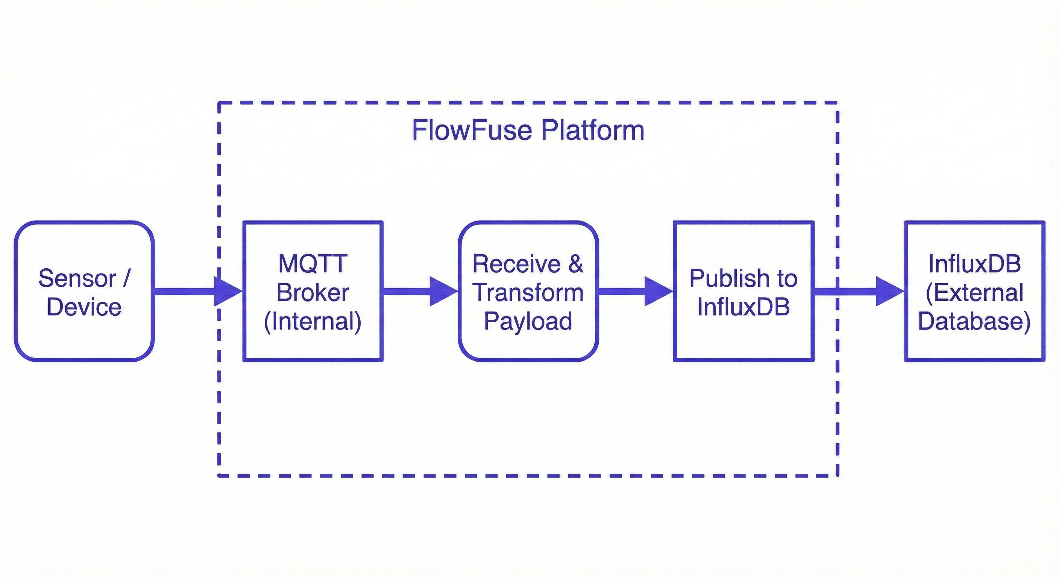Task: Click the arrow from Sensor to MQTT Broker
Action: click(x=197, y=291)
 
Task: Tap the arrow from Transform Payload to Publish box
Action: click(x=635, y=291)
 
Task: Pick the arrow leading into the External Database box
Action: click(x=859, y=291)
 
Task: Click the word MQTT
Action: click(x=313, y=263)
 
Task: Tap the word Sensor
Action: click(x=77, y=278)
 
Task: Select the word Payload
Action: click(x=528, y=321)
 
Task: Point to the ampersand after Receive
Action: click(x=575, y=264)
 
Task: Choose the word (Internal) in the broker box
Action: click(x=313, y=322)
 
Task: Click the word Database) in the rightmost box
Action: click(x=974, y=322)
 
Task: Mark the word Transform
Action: click(x=528, y=292)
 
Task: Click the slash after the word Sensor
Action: click(x=126, y=278)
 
